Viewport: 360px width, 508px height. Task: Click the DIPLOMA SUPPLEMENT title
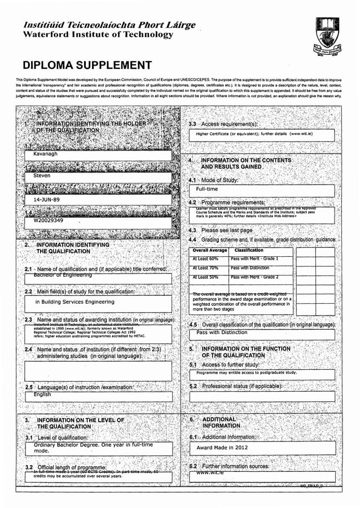click(x=87, y=65)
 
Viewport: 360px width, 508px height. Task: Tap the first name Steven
click(x=42, y=176)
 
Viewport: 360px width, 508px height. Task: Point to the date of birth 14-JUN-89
click(x=47, y=199)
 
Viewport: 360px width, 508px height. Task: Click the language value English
click(x=42, y=395)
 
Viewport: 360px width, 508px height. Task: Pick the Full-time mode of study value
click(x=207, y=189)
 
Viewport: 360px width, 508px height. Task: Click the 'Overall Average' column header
click(x=210, y=250)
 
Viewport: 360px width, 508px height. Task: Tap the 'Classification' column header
click(x=249, y=250)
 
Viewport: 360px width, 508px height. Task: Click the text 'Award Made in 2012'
click(x=222, y=448)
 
